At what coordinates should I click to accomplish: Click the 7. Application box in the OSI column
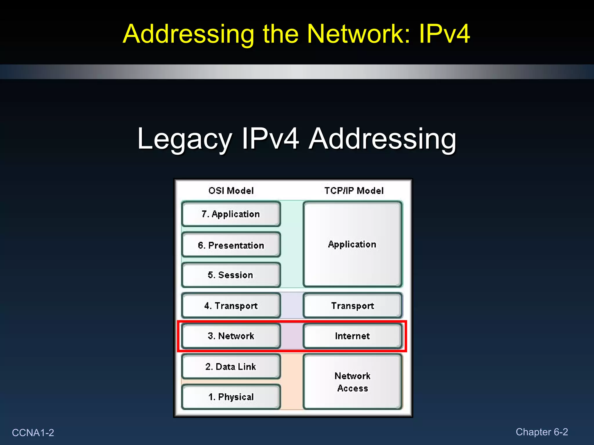point(231,214)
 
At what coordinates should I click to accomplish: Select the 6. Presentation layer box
point(231,245)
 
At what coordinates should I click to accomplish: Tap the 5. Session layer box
point(231,275)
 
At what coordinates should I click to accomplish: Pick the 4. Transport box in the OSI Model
point(231,306)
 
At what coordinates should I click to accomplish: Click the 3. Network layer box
point(231,336)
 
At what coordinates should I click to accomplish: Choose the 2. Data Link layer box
point(231,366)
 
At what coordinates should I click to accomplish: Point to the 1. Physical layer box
point(231,397)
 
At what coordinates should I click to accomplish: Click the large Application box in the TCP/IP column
point(352,244)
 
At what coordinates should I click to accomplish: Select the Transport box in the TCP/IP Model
point(352,306)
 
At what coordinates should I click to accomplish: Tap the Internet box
point(352,336)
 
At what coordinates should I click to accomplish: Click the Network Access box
point(352,382)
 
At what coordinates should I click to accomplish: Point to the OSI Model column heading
point(231,191)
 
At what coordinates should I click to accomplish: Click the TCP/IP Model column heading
point(354,191)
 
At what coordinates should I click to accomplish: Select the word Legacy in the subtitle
point(184,140)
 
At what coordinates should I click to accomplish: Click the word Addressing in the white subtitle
point(382,140)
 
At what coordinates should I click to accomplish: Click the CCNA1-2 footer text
point(33,433)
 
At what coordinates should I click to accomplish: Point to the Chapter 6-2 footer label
point(542,432)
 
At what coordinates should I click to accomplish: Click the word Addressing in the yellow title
point(188,34)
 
